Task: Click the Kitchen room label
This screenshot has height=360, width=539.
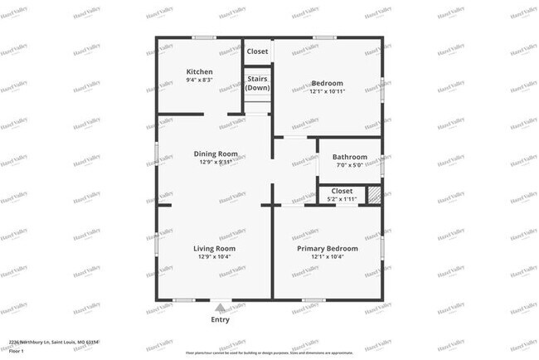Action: click(199, 71)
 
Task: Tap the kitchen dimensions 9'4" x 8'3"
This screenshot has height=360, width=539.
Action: click(199, 80)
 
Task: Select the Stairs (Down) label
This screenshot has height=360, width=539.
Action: click(257, 83)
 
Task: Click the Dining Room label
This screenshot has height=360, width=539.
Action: click(216, 153)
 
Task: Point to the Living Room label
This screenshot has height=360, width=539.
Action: click(215, 248)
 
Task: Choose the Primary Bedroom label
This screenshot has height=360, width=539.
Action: click(328, 248)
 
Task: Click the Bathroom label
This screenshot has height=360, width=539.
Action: click(350, 157)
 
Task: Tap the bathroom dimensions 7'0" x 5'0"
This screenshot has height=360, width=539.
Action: click(350, 165)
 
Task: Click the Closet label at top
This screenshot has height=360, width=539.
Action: click(257, 51)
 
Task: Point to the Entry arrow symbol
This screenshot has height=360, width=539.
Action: click(220, 308)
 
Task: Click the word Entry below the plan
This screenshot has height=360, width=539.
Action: click(220, 319)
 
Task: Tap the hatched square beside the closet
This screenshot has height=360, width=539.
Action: click(374, 195)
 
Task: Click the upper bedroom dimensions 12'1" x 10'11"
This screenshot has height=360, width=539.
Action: click(328, 90)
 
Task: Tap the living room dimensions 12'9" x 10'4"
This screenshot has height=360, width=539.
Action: click(215, 257)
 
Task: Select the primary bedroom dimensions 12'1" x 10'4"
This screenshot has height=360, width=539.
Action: click(328, 257)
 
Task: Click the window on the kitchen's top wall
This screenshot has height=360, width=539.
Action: click(203, 37)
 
